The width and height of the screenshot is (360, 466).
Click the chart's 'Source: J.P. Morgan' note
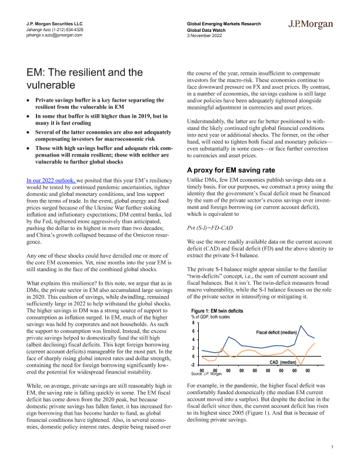[x=208, y=374]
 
